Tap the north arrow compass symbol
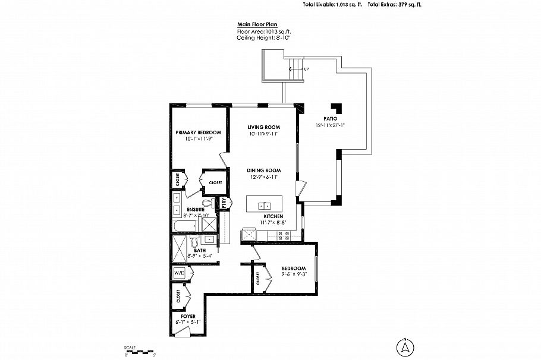pyautogui.click(x=404, y=346)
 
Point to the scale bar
pyautogui.click(x=139, y=352)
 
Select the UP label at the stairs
pyautogui.click(x=306, y=70)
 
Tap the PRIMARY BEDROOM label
pyautogui.click(x=198, y=132)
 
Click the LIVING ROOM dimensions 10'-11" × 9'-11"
pyautogui.click(x=263, y=134)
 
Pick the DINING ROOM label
pyautogui.click(x=263, y=170)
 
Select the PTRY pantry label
pyautogui.click(x=224, y=203)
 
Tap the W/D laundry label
pyautogui.click(x=179, y=273)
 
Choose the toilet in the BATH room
pyautogui.click(x=194, y=241)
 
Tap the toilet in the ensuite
pyautogui.click(x=206, y=203)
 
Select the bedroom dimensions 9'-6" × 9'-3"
pyautogui.click(x=294, y=274)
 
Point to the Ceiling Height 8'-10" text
pyautogui.click(x=263, y=37)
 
